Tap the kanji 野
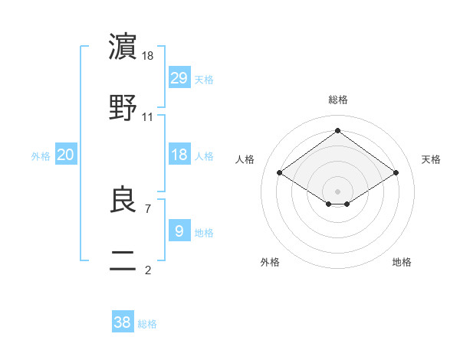(123, 107)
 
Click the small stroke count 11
(148, 117)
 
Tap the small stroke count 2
(148, 270)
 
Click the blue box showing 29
(179, 78)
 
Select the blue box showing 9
(179, 231)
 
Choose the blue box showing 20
(65, 155)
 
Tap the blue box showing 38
(123, 322)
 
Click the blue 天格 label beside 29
(204, 80)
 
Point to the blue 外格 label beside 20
(41, 156)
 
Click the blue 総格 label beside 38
(147, 324)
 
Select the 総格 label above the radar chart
(337, 100)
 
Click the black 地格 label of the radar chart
(402, 262)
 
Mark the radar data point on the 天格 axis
(396, 173)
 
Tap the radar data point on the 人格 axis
(280, 173)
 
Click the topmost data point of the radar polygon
(337, 131)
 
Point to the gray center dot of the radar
(337, 190)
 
